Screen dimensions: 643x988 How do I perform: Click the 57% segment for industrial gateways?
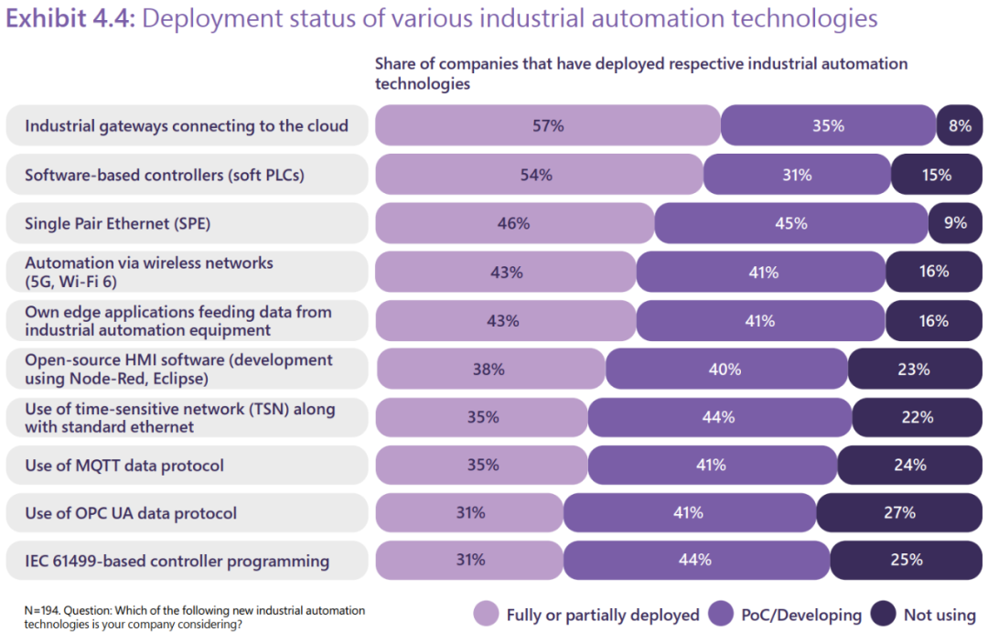(x=547, y=126)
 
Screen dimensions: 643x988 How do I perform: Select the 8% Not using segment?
(x=959, y=126)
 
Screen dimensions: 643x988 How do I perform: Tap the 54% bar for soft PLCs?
(x=538, y=175)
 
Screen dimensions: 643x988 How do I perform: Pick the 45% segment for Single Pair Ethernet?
(x=790, y=223)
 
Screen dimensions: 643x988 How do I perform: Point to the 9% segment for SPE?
(x=954, y=223)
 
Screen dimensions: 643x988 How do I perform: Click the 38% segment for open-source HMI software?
(x=489, y=370)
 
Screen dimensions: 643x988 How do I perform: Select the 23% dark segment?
(x=914, y=370)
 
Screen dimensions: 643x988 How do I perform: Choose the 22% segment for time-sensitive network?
(x=917, y=417)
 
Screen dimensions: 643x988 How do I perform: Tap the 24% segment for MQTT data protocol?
(x=910, y=466)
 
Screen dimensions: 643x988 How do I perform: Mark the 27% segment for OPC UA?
(x=899, y=513)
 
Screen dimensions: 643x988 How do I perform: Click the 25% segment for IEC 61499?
(x=906, y=561)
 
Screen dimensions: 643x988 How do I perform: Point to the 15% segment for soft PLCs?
(x=937, y=175)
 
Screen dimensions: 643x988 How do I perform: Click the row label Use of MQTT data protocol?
(x=124, y=466)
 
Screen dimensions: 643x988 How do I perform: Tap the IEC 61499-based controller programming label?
(x=177, y=561)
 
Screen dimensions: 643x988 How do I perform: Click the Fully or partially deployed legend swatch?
(x=486, y=615)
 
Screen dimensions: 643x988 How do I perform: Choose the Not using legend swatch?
(x=883, y=615)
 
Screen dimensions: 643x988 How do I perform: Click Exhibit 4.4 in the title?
(x=70, y=19)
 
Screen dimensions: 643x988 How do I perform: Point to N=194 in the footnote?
(x=42, y=610)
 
